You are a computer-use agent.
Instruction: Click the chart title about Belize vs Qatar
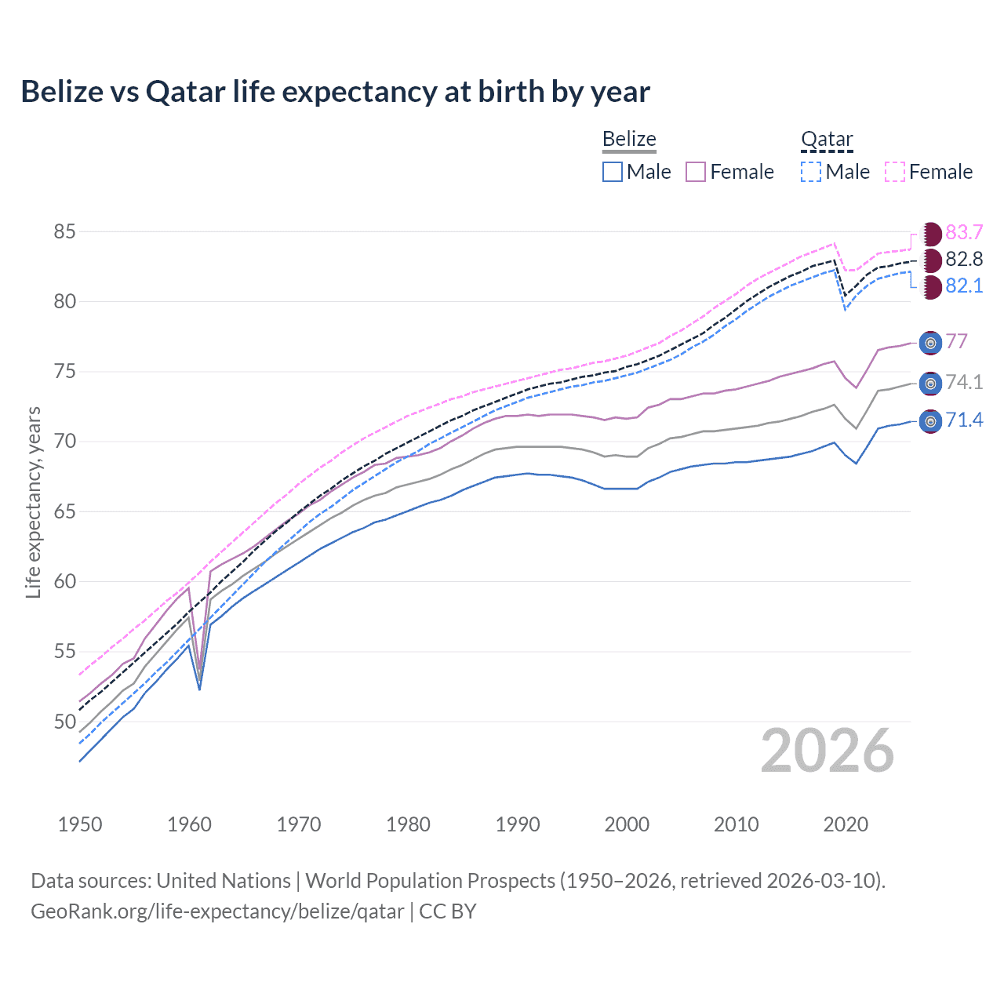[335, 92]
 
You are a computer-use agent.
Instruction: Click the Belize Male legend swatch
[613, 172]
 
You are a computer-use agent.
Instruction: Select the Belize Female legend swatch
[696, 172]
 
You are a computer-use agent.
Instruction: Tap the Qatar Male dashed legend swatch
[811, 172]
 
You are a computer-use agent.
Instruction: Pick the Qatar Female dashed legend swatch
[895, 172]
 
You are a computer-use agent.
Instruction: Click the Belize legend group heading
[629, 140]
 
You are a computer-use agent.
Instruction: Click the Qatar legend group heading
[827, 140]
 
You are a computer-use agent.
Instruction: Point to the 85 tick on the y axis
[64, 232]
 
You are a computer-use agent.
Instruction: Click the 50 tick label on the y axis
[64, 722]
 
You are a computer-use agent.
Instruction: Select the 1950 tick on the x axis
[80, 824]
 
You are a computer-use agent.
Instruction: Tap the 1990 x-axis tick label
[518, 824]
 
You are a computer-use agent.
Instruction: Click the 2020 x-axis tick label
[846, 824]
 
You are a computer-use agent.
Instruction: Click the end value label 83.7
[964, 233]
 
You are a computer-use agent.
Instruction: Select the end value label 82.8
[964, 260]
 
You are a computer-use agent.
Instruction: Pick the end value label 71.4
[964, 420]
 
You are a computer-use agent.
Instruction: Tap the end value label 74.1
[964, 382]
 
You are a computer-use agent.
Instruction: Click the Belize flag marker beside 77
[930, 343]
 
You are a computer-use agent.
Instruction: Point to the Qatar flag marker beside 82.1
[931, 286]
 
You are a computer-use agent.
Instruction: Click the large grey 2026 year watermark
[827, 751]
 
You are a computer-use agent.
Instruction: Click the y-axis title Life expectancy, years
[33, 502]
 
